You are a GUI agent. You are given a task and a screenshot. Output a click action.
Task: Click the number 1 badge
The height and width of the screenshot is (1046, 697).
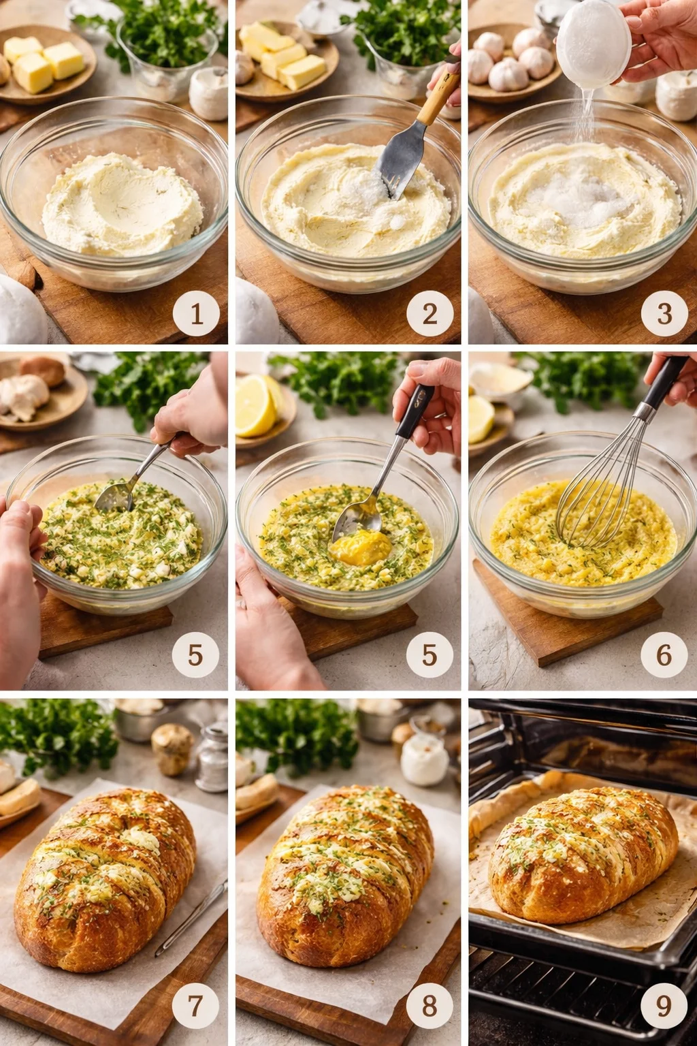coord(196,314)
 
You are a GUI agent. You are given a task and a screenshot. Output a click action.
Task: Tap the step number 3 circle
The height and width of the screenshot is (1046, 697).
coord(664,313)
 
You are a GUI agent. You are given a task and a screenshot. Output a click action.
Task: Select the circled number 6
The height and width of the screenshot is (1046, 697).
coord(664,655)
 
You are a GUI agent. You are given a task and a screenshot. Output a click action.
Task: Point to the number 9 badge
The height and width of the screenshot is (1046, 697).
coord(664,1005)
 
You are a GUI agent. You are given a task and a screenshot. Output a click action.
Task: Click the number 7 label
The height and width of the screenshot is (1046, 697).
coord(195,1005)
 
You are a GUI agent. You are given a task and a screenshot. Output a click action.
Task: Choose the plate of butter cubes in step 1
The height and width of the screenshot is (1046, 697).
coord(45,64)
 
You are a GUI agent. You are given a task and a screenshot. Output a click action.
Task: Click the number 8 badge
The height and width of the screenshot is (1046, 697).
coord(429,1005)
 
